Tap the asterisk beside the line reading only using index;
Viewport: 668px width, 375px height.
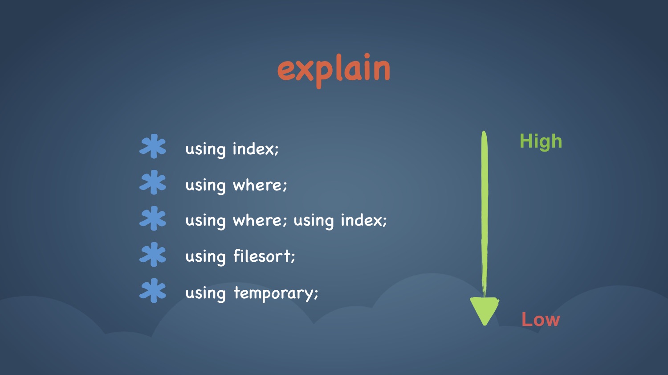click(153, 146)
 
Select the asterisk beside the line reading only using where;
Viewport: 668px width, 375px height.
click(153, 182)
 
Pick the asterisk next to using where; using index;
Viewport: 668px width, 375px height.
click(153, 218)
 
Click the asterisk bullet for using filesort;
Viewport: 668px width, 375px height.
click(153, 254)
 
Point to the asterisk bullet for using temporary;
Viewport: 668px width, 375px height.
click(153, 291)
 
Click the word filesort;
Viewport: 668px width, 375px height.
click(264, 256)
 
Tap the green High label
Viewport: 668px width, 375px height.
click(541, 141)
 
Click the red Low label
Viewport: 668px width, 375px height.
click(541, 319)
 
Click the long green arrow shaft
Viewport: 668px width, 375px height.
click(485, 214)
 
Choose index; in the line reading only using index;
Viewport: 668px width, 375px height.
click(256, 148)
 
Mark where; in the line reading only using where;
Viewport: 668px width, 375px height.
click(260, 185)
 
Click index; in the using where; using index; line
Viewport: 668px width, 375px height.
click(364, 220)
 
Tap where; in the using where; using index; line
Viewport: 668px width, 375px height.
click(260, 220)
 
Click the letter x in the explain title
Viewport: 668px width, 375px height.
click(305, 71)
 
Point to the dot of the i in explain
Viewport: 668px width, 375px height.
click(367, 56)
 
